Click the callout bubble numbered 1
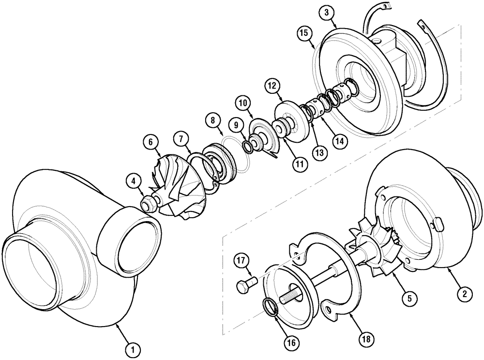coord(130,347)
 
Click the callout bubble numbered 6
coord(151,142)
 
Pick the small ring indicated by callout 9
coord(246,146)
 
